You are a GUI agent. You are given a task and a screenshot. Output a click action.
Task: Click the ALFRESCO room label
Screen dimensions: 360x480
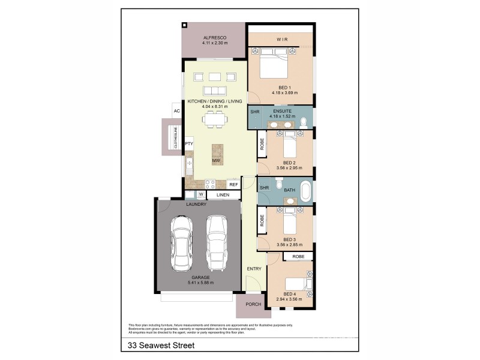point(214,37)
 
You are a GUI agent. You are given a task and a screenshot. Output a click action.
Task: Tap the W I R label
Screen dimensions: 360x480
point(283,40)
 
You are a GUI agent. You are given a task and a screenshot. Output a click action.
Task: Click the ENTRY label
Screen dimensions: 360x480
point(254,269)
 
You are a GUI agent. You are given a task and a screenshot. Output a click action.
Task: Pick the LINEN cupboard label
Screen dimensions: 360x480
point(223,195)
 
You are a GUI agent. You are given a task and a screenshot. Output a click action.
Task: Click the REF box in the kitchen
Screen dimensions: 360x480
point(233,185)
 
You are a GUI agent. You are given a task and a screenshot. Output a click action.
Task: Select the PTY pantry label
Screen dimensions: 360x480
point(189,144)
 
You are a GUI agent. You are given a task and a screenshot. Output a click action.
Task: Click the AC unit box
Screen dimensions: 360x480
point(177,111)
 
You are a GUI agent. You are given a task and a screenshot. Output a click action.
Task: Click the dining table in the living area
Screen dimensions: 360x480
point(215,121)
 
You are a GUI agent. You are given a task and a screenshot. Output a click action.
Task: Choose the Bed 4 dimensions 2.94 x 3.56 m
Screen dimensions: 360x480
point(290,298)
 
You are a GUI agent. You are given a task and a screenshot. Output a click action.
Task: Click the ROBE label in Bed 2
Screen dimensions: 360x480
point(262,144)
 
